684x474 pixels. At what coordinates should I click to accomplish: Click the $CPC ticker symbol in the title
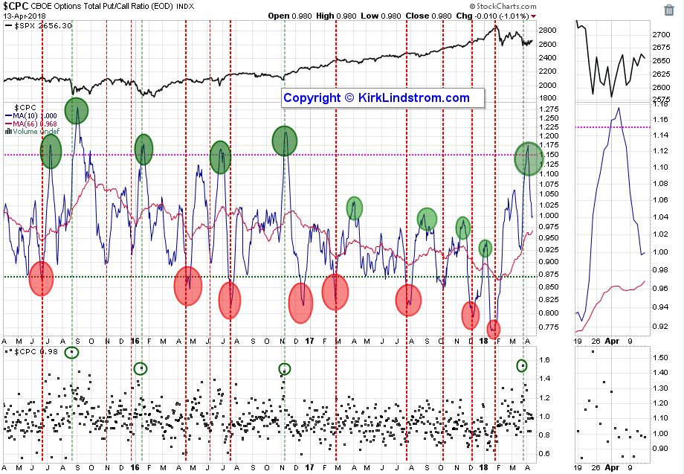[x=14, y=6]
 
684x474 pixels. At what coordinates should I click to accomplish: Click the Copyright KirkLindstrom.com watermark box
[x=376, y=98]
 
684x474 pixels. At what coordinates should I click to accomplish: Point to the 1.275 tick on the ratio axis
[x=551, y=109]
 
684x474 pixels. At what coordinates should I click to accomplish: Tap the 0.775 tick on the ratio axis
[x=551, y=327]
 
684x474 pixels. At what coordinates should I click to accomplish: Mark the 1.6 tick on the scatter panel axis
[x=544, y=360]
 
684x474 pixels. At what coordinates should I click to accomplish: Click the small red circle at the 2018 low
[x=494, y=328]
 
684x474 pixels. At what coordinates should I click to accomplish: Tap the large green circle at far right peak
[x=529, y=158]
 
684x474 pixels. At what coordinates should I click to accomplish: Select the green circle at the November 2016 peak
[x=285, y=141]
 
